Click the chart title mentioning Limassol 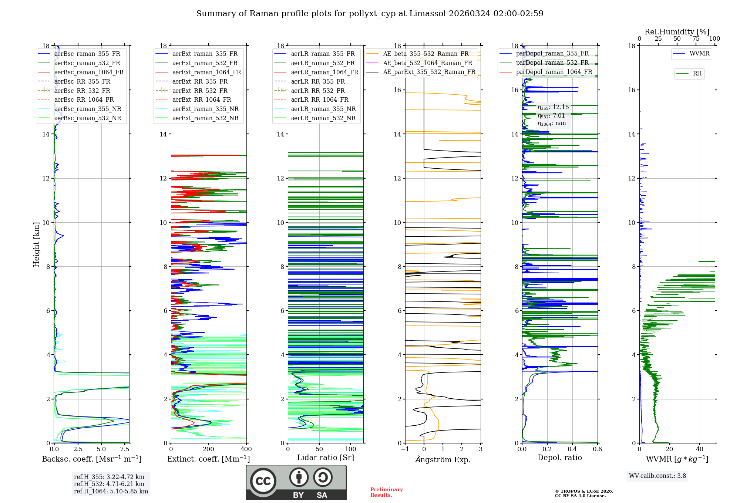point(370,14)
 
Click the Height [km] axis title point(36,244)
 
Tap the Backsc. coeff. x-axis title point(91,459)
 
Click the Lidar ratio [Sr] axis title point(326,458)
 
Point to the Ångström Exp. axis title point(443,460)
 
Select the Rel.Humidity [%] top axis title point(677,32)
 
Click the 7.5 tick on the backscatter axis point(125,449)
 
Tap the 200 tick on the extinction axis point(209,449)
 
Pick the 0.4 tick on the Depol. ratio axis point(572,449)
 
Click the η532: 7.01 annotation point(551,116)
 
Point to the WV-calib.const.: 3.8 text point(657,476)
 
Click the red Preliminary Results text point(386,492)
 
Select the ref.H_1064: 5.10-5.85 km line point(111,492)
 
